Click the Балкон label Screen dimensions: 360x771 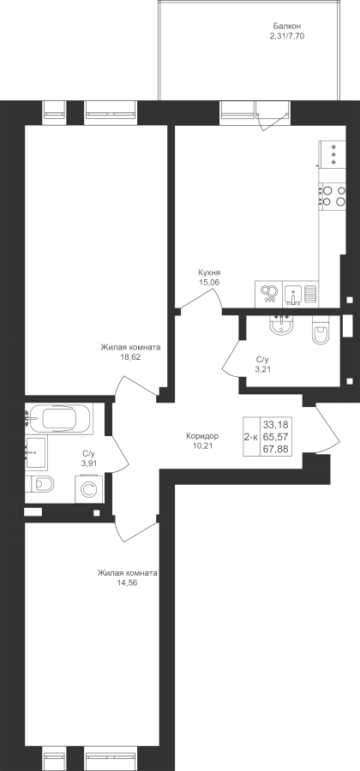287,27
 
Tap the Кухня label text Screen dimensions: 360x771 209,273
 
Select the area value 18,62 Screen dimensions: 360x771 130,357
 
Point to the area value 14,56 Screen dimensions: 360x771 127,583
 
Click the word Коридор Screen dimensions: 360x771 202,436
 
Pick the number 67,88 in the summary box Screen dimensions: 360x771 275,448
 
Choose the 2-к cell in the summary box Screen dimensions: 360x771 251,437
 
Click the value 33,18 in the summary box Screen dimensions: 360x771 275,424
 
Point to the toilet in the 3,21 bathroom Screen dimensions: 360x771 321,331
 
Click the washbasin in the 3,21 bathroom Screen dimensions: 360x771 281,325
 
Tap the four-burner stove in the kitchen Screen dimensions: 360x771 333,195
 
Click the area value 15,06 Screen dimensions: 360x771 209,282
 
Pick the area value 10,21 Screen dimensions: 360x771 202,446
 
